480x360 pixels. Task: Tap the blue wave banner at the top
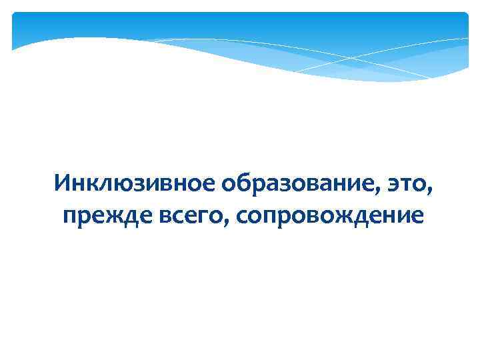pyautogui.click(x=240, y=40)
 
